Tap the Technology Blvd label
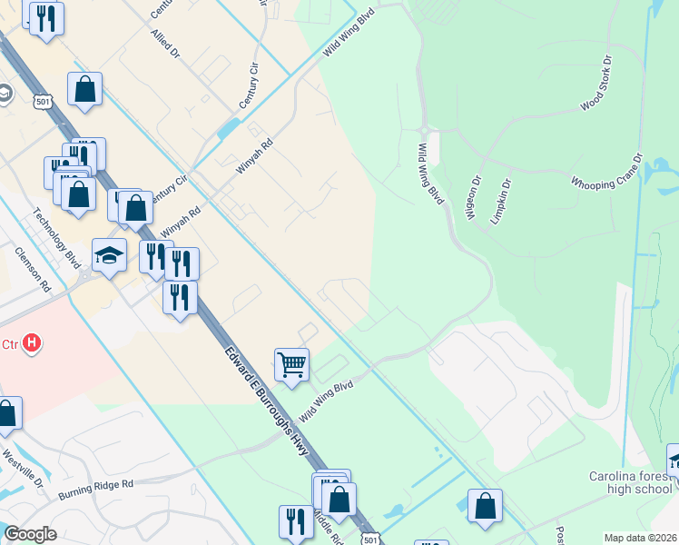[x=57, y=239]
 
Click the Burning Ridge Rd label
[x=95, y=490]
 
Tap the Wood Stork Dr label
[x=596, y=84]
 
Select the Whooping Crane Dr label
[x=606, y=171]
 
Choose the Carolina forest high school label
[x=628, y=482]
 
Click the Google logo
[x=31, y=534]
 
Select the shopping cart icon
[x=291, y=364]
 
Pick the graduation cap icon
[x=109, y=255]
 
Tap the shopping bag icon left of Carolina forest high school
[x=485, y=506]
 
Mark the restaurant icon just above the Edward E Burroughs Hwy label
[x=181, y=296]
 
